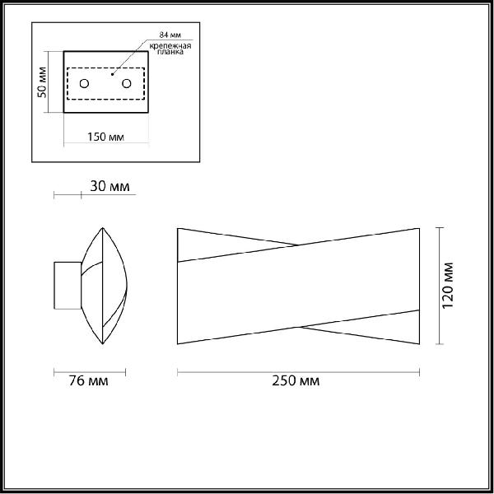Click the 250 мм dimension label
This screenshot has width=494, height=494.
click(x=296, y=381)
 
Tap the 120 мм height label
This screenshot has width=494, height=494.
click(x=448, y=286)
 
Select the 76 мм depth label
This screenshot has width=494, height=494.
click(x=88, y=381)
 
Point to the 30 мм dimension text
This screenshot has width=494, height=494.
click(x=110, y=186)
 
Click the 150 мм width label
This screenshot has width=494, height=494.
click(x=105, y=137)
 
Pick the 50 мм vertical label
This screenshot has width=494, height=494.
click(x=42, y=82)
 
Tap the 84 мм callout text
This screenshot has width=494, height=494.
click(x=170, y=35)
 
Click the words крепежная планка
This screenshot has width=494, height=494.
click(x=170, y=49)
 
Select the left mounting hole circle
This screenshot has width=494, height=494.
click(x=84, y=83)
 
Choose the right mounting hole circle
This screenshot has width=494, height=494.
click(x=126, y=83)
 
